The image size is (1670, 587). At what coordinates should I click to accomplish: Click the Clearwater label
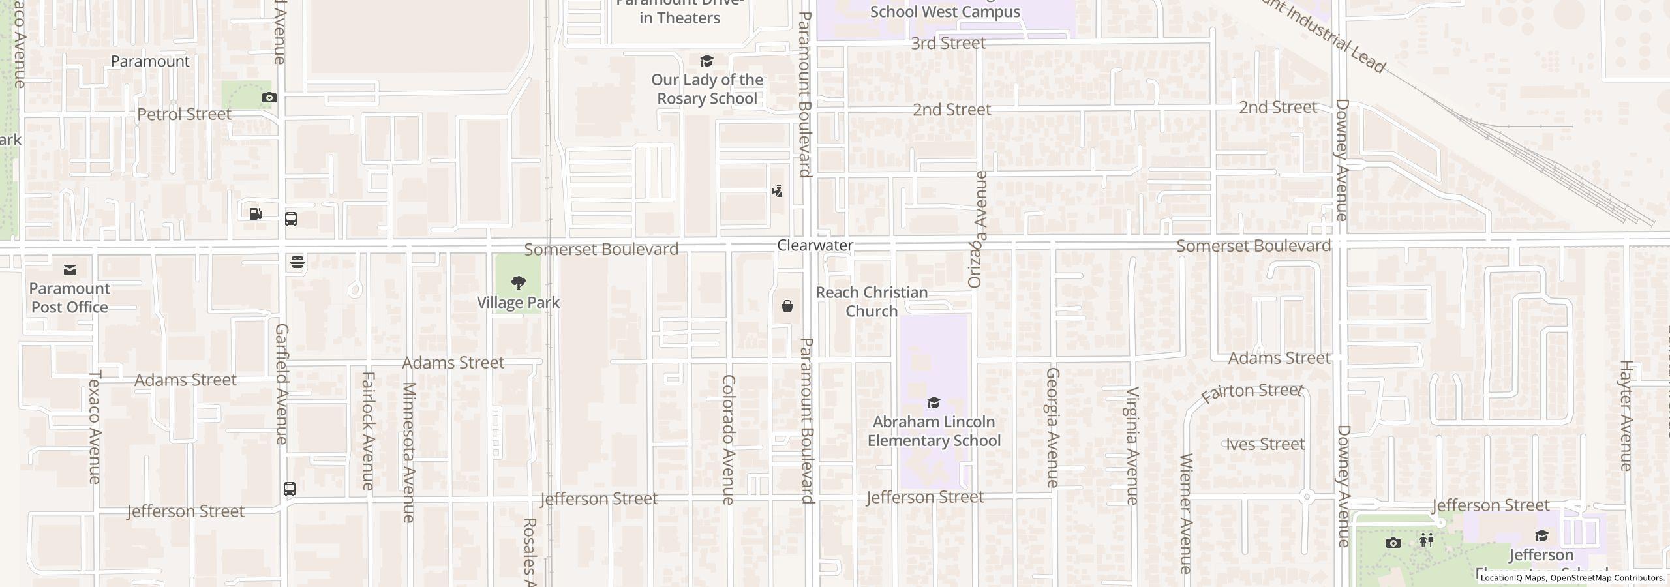pos(815,245)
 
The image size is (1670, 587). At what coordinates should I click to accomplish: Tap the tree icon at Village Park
pos(519,282)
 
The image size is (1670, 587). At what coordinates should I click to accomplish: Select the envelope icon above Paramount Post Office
pos(70,269)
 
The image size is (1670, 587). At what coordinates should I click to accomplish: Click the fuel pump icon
pos(255,213)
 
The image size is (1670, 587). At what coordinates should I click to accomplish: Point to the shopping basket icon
pos(787,306)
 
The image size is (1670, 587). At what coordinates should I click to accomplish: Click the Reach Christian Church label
pos(872,301)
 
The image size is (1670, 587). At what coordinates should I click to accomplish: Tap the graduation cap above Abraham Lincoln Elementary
pos(934,402)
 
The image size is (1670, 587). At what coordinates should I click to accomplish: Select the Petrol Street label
pos(184,114)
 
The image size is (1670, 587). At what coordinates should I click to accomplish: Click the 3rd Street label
pos(948,43)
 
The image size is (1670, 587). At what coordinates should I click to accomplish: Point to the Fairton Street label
pos(1251,392)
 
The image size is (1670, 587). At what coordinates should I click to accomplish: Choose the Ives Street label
pos(1265,444)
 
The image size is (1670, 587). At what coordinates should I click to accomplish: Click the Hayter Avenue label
pos(1626,415)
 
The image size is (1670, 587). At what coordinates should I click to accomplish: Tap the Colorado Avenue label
pos(729,439)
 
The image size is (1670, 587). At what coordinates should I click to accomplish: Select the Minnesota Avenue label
pos(408,452)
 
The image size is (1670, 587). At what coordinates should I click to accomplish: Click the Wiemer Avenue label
pos(1186,513)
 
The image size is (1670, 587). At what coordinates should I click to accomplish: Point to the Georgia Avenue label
pos(1052,427)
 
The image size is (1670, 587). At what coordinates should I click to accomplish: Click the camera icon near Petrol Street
pos(269,97)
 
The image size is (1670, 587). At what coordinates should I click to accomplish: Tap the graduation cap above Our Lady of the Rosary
pos(706,61)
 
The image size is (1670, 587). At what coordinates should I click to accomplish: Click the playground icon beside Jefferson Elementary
pos(1426,540)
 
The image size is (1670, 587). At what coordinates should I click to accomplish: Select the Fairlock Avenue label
pos(368,430)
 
